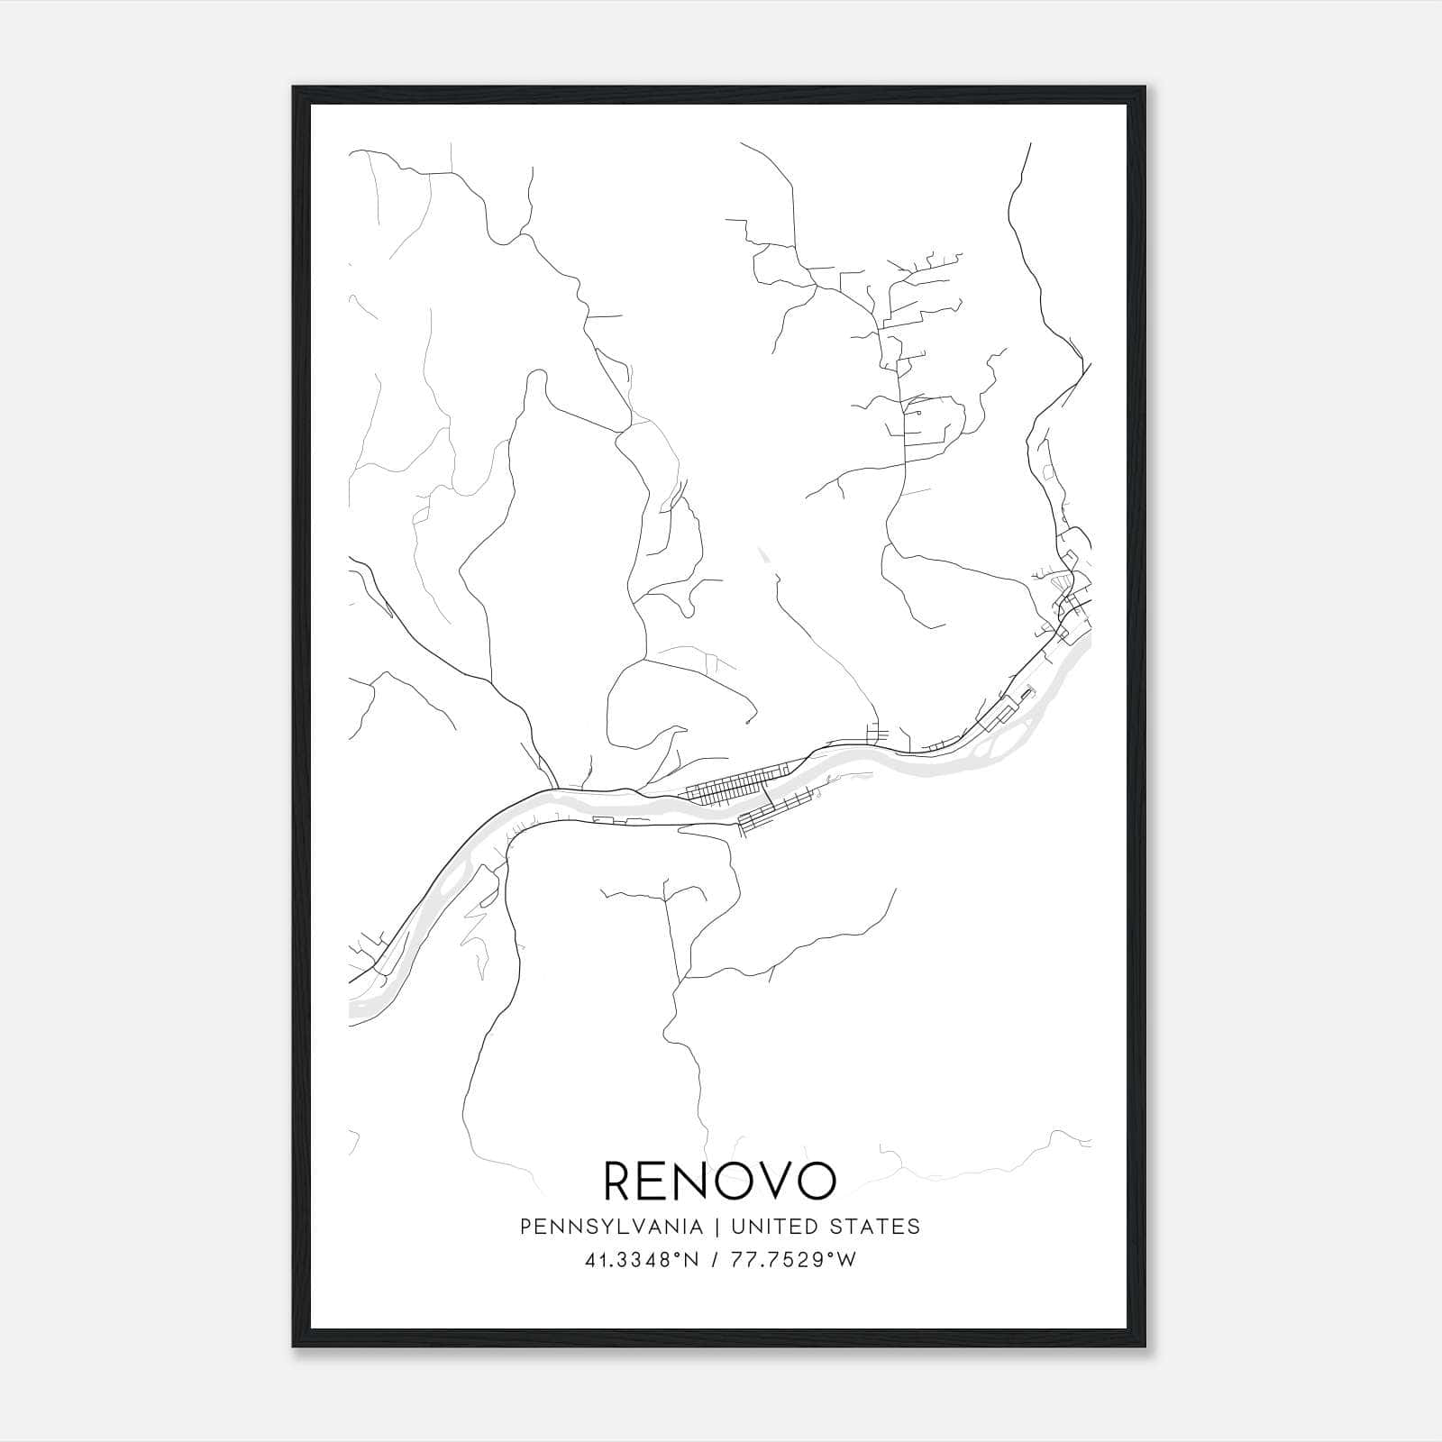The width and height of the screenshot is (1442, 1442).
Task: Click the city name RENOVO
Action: (x=720, y=1182)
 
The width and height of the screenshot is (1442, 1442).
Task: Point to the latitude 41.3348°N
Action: (x=642, y=1260)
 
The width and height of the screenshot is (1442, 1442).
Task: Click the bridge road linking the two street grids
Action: (x=767, y=797)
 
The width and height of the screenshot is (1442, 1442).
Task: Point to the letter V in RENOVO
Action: (x=769, y=1182)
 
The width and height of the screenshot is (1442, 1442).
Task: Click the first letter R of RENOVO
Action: (x=620, y=1182)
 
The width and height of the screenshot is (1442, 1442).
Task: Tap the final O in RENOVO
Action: (x=817, y=1182)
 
